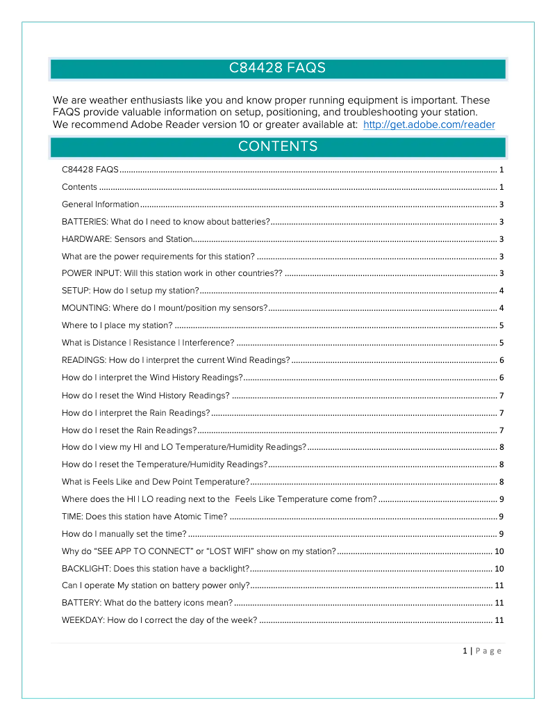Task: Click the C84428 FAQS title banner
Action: [x=278, y=68]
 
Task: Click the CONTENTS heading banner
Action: [x=278, y=147]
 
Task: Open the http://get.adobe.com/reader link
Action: [x=429, y=125]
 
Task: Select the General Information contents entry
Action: [x=101, y=204]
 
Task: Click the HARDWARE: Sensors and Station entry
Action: [x=126, y=239]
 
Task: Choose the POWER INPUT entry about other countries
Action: [x=172, y=273]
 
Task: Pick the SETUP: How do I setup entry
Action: [x=131, y=291]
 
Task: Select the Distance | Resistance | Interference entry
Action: [x=148, y=343]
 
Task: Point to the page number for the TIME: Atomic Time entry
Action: [x=501, y=517]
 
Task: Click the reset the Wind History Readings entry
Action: [x=146, y=396]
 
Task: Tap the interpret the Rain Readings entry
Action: [x=136, y=413]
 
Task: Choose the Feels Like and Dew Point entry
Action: [x=156, y=482]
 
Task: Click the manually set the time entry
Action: [x=124, y=534]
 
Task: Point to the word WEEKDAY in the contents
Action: [x=82, y=620]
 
